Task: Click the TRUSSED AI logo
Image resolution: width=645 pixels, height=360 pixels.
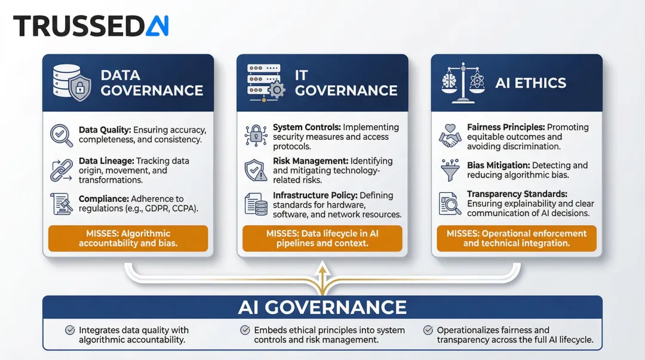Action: (91, 26)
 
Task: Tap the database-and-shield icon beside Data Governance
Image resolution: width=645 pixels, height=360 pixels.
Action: (70, 83)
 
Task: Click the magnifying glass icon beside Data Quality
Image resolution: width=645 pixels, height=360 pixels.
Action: (62, 136)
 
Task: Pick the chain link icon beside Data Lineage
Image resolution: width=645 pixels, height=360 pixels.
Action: (62, 170)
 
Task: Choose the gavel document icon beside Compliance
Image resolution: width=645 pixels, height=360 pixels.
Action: (62, 204)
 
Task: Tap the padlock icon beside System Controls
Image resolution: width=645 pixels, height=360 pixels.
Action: (256, 136)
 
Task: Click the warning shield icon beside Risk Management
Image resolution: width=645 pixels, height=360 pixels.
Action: (256, 170)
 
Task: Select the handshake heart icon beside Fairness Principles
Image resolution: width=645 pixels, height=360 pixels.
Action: (451, 136)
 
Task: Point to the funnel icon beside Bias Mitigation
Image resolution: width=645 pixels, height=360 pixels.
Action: (451, 170)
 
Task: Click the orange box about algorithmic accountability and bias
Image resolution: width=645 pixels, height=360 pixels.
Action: (128, 238)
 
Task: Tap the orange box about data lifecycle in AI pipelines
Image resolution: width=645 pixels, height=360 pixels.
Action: (322, 238)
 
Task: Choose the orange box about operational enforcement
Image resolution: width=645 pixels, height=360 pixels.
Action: (517, 238)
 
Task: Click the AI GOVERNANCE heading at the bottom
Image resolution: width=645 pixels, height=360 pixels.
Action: (322, 307)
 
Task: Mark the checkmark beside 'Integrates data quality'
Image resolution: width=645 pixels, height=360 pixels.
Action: (70, 330)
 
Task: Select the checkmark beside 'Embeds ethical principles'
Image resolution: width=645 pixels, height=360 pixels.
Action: (245, 330)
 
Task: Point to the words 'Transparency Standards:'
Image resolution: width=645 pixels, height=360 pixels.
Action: (517, 194)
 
